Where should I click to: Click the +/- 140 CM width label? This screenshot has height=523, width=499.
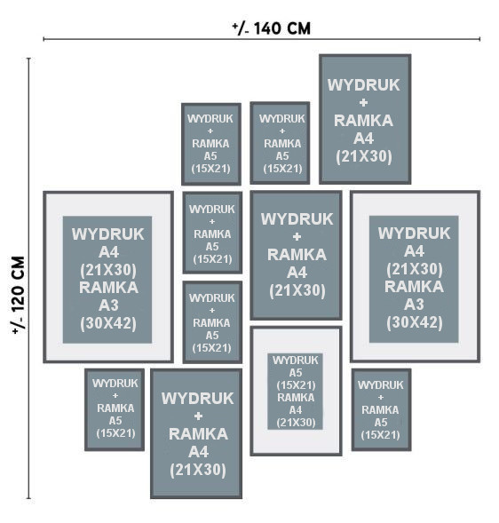point(271,28)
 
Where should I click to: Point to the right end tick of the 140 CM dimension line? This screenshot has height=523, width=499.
point(479,39)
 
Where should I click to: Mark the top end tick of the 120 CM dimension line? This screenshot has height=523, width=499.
point(29,59)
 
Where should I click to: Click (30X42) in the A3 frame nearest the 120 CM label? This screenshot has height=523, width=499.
point(108,323)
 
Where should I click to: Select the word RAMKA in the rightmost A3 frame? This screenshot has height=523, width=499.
point(414,286)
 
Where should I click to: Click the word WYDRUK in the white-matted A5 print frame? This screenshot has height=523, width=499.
point(296,360)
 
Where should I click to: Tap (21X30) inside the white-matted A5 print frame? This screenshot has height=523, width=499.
point(296,423)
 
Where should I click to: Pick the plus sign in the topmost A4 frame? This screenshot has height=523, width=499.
point(363,102)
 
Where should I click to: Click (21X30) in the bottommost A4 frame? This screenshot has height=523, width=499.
point(198,470)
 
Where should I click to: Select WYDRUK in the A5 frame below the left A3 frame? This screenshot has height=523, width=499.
point(115,384)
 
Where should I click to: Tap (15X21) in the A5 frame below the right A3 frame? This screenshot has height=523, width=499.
point(380,434)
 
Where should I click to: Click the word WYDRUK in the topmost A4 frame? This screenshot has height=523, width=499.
point(363,85)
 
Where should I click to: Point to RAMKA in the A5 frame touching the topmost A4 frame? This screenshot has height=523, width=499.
point(282,144)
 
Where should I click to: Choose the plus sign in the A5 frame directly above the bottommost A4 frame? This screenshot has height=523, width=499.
point(212,310)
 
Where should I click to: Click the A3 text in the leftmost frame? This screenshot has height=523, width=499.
point(108,305)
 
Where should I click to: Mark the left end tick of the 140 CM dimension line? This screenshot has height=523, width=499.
point(44,39)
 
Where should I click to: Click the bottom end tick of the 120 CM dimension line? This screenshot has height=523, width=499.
point(29,499)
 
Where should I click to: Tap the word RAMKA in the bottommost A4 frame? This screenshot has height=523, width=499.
point(198,433)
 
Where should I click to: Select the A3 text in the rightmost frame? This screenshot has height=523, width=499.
point(414,304)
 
